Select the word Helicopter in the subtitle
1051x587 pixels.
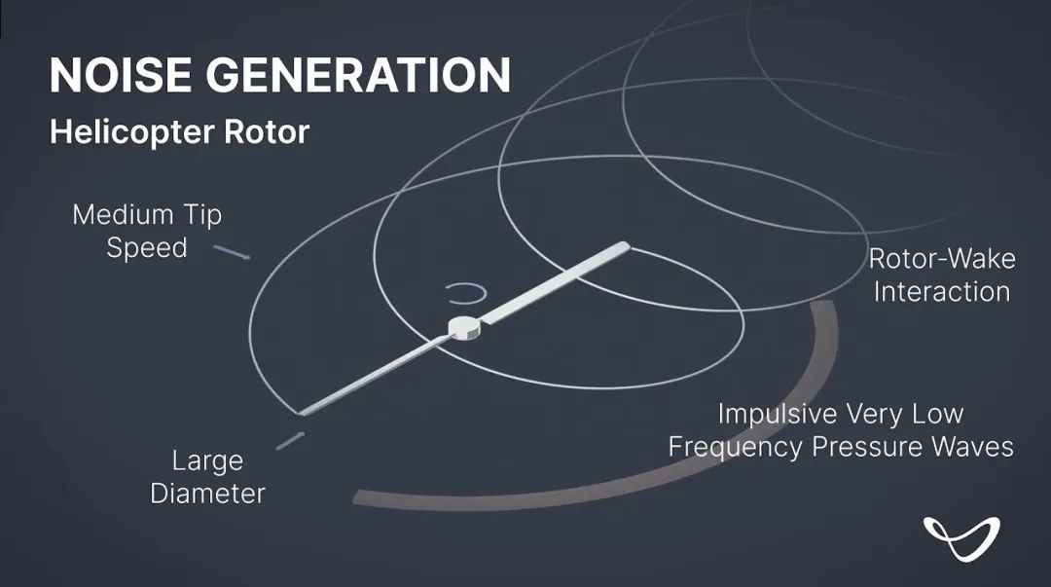pos(132,132)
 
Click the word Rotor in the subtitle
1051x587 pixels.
pos(267,131)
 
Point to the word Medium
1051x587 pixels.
pos(124,215)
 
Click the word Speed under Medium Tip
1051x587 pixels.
pos(147,248)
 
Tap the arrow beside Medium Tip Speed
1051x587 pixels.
pos(232,252)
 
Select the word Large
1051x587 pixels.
pos(207,460)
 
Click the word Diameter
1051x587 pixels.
pos(208,494)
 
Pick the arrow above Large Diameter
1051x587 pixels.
pos(290,441)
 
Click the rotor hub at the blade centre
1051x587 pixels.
pos(464,327)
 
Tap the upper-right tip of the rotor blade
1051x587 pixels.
pos(626,245)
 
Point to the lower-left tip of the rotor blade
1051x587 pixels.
pos(302,413)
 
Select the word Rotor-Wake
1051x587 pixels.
pos(942,259)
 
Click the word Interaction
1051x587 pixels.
pos(942,292)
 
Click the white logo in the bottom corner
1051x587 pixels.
pos(961,538)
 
